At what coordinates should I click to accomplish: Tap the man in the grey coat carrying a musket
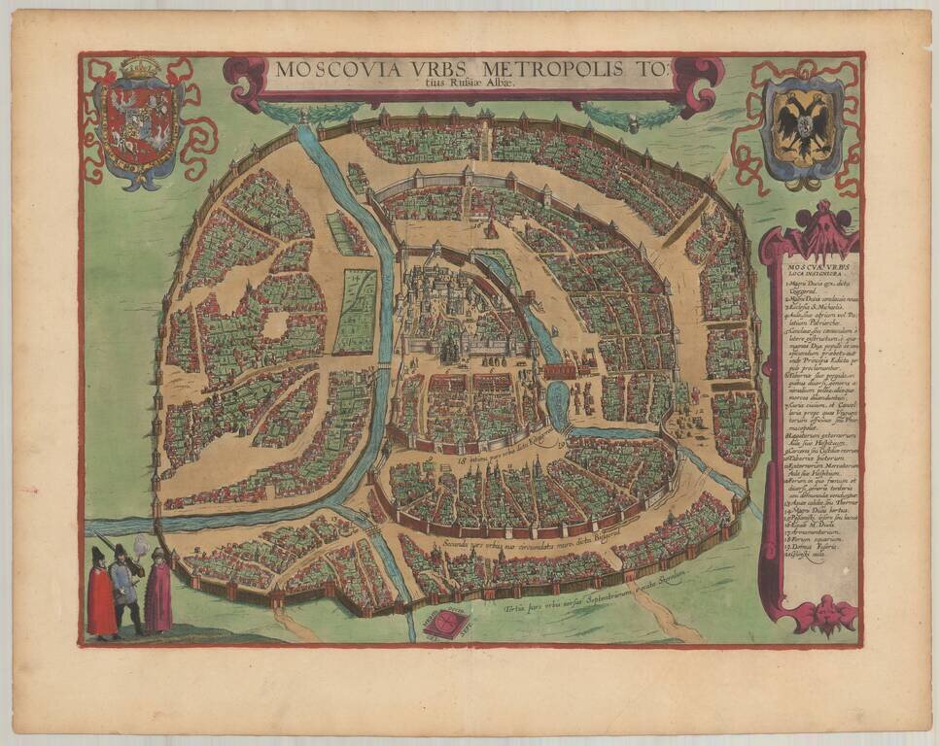[123, 588]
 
